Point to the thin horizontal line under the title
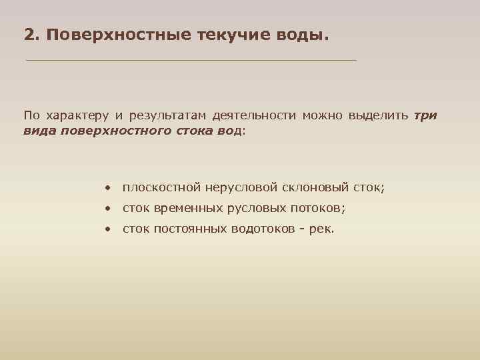pyautogui.click(x=191, y=60)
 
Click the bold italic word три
pyautogui.click(x=425, y=115)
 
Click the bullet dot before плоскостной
pyautogui.click(x=107, y=189)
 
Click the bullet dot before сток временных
pyautogui.click(x=107, y=209)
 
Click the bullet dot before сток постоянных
pyautogui.click(x=107, y=230)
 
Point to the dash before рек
pyautogui.click(x=303, y=230)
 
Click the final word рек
pyautogui.click(x=321, y=230)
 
